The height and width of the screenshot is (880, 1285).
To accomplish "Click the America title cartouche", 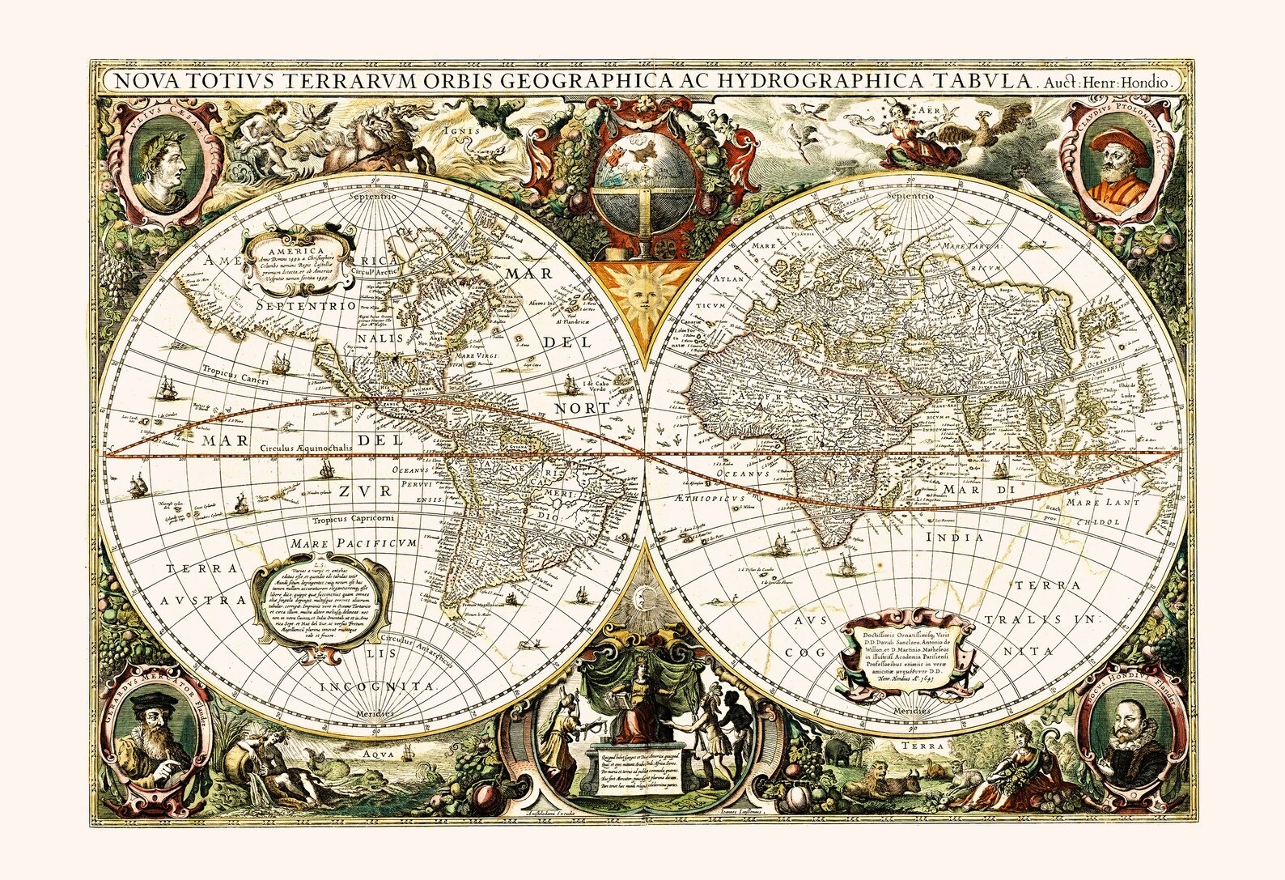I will [x=297, y=257].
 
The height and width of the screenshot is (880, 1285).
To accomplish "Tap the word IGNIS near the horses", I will [x=468, y=129].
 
